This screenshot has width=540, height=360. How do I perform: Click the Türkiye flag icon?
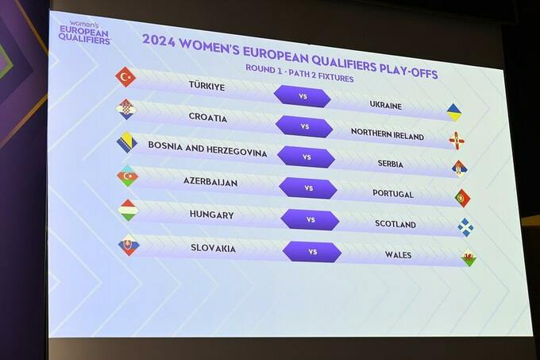[x=125, y=77]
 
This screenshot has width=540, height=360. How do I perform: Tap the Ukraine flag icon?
[x=454, y=112]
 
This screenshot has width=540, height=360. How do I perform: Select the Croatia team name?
[x=208, y=117]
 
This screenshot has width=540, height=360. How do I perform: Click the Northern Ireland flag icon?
[x=457, y=141]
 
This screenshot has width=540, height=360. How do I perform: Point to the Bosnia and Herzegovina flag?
[x=127, y=142]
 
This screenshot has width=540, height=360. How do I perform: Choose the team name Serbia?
[x=390, y=163]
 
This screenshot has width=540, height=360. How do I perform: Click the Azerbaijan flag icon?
[x=127, y=176]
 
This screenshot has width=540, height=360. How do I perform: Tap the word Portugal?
[x=393, y=194]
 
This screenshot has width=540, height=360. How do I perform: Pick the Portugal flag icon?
[x=462, y=198]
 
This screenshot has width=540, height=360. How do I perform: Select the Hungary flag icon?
[x=128, y=210]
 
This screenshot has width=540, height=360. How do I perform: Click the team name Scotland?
[x=395, y=224]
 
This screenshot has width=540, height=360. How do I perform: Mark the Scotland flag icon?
[x=465, y=227]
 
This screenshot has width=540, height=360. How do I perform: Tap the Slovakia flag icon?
[x=129, y=246]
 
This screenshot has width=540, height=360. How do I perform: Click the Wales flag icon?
[x=469, y=257]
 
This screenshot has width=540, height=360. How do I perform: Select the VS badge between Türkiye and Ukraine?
[x=303, y=96]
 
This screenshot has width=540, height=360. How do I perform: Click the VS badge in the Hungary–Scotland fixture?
[x=310, y=219]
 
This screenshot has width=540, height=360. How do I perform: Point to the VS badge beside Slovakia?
[x=312, y=252]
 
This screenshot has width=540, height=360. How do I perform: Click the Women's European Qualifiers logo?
[x=84, y=33]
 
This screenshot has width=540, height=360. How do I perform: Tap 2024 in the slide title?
[x=158, y=41]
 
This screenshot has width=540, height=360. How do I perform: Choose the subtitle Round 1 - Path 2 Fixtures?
[x=299, y=73]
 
